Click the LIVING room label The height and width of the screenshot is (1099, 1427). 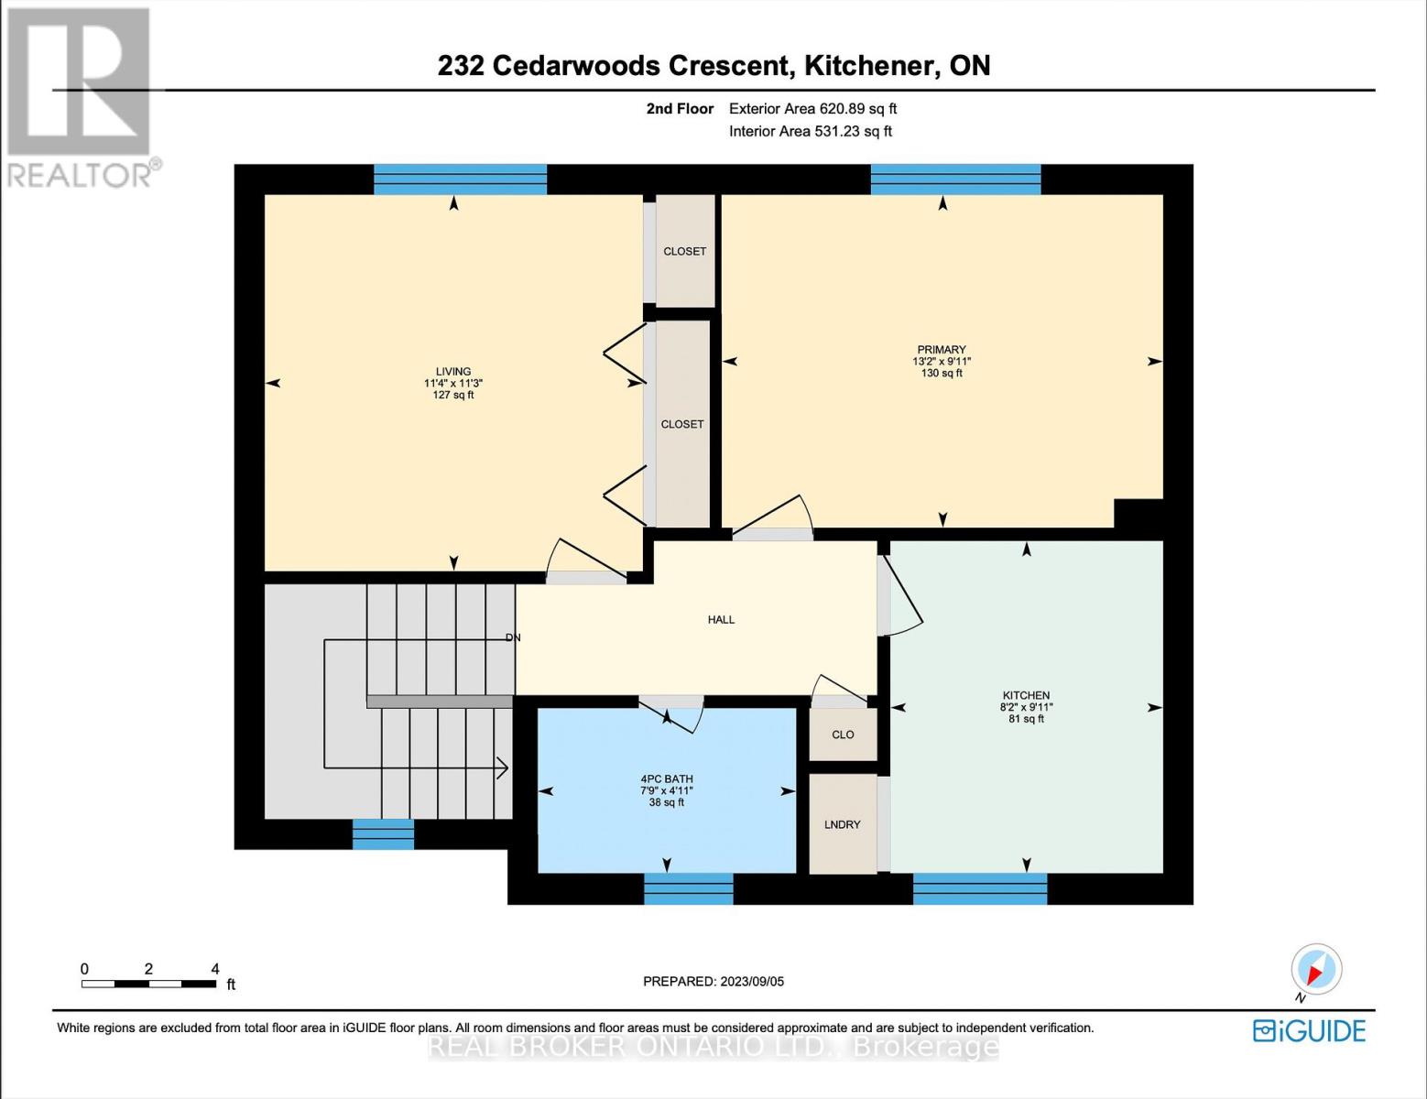point(453,372)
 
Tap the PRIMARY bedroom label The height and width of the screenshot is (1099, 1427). point(942,350)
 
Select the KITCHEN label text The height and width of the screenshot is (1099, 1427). point(1026,696)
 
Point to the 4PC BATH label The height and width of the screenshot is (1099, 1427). point(666,779)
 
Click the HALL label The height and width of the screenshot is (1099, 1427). point(721,620)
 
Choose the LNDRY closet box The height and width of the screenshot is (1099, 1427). point(843,824)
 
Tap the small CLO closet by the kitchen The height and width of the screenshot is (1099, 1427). point(843,734)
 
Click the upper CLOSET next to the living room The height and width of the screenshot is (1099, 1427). point(684,252)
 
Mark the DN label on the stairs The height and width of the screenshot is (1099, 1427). point(513,637)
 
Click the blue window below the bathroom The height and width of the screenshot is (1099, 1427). point(689,888)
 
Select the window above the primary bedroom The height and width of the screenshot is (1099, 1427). point(955,180)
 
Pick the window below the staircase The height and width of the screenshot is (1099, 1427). point(383,834)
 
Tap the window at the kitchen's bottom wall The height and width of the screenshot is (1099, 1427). point(980,888)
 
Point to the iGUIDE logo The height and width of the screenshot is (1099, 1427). point(1310,1031)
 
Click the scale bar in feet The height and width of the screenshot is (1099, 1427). point(148,984)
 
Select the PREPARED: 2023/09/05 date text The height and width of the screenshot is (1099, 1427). point(713,982)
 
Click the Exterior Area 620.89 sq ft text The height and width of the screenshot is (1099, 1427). point(812,109)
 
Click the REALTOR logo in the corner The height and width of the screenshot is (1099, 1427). point(81,96)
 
